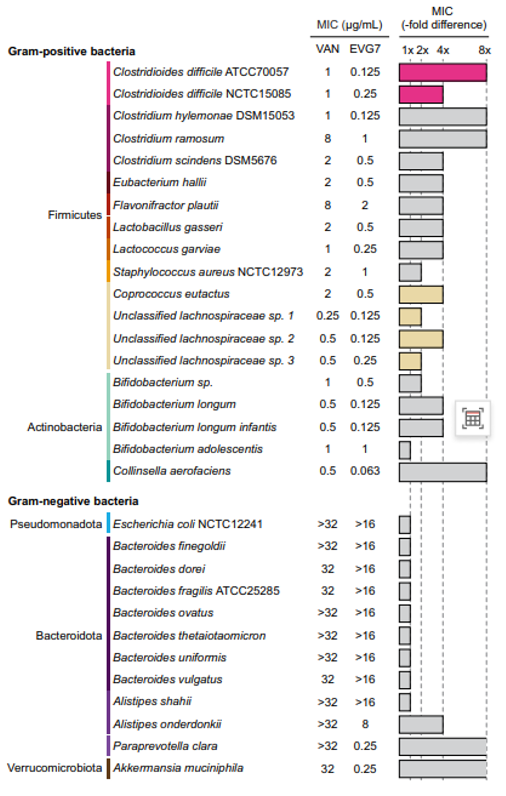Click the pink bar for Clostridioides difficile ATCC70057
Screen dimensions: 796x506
pos(443,73)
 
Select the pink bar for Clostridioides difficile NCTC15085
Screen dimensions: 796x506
pos(421,95)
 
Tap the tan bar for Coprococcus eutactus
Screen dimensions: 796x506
pos(421,295)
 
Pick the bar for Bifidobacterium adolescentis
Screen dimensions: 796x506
pos(405,450)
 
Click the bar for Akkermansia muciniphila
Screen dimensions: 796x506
pos(443,769)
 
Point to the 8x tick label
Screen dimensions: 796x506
pos(484,50)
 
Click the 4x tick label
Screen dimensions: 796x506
pos(443,50)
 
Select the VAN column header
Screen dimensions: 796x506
pos(328,49)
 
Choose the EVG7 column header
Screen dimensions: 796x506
pos(365,49)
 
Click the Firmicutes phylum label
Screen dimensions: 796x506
pos(75,215)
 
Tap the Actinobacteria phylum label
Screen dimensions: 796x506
pos(64,427)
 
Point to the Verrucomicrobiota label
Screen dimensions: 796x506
pos(54,768)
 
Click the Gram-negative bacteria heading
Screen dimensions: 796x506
pos(73,501)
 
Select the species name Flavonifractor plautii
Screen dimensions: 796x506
pos(165,205)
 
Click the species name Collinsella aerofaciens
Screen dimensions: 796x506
pos(172,471)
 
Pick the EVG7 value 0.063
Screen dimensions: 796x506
pos(365,471)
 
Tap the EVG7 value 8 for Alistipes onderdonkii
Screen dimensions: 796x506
pos(365,724)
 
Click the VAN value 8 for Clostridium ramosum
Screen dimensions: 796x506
pos(328,139)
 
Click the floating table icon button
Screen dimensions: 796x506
pos(473,419)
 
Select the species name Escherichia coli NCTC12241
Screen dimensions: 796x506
pos(188,524)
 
